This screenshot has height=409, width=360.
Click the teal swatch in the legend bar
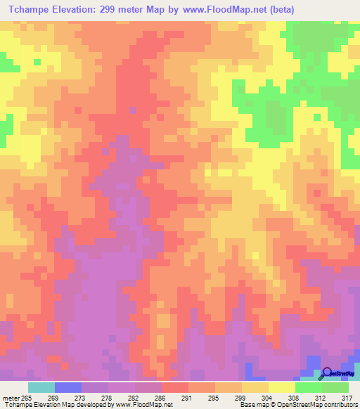tap(41, 387)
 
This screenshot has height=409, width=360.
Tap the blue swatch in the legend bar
tap(68, 387)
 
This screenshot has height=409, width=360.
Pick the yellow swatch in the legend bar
tap(281, 387)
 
